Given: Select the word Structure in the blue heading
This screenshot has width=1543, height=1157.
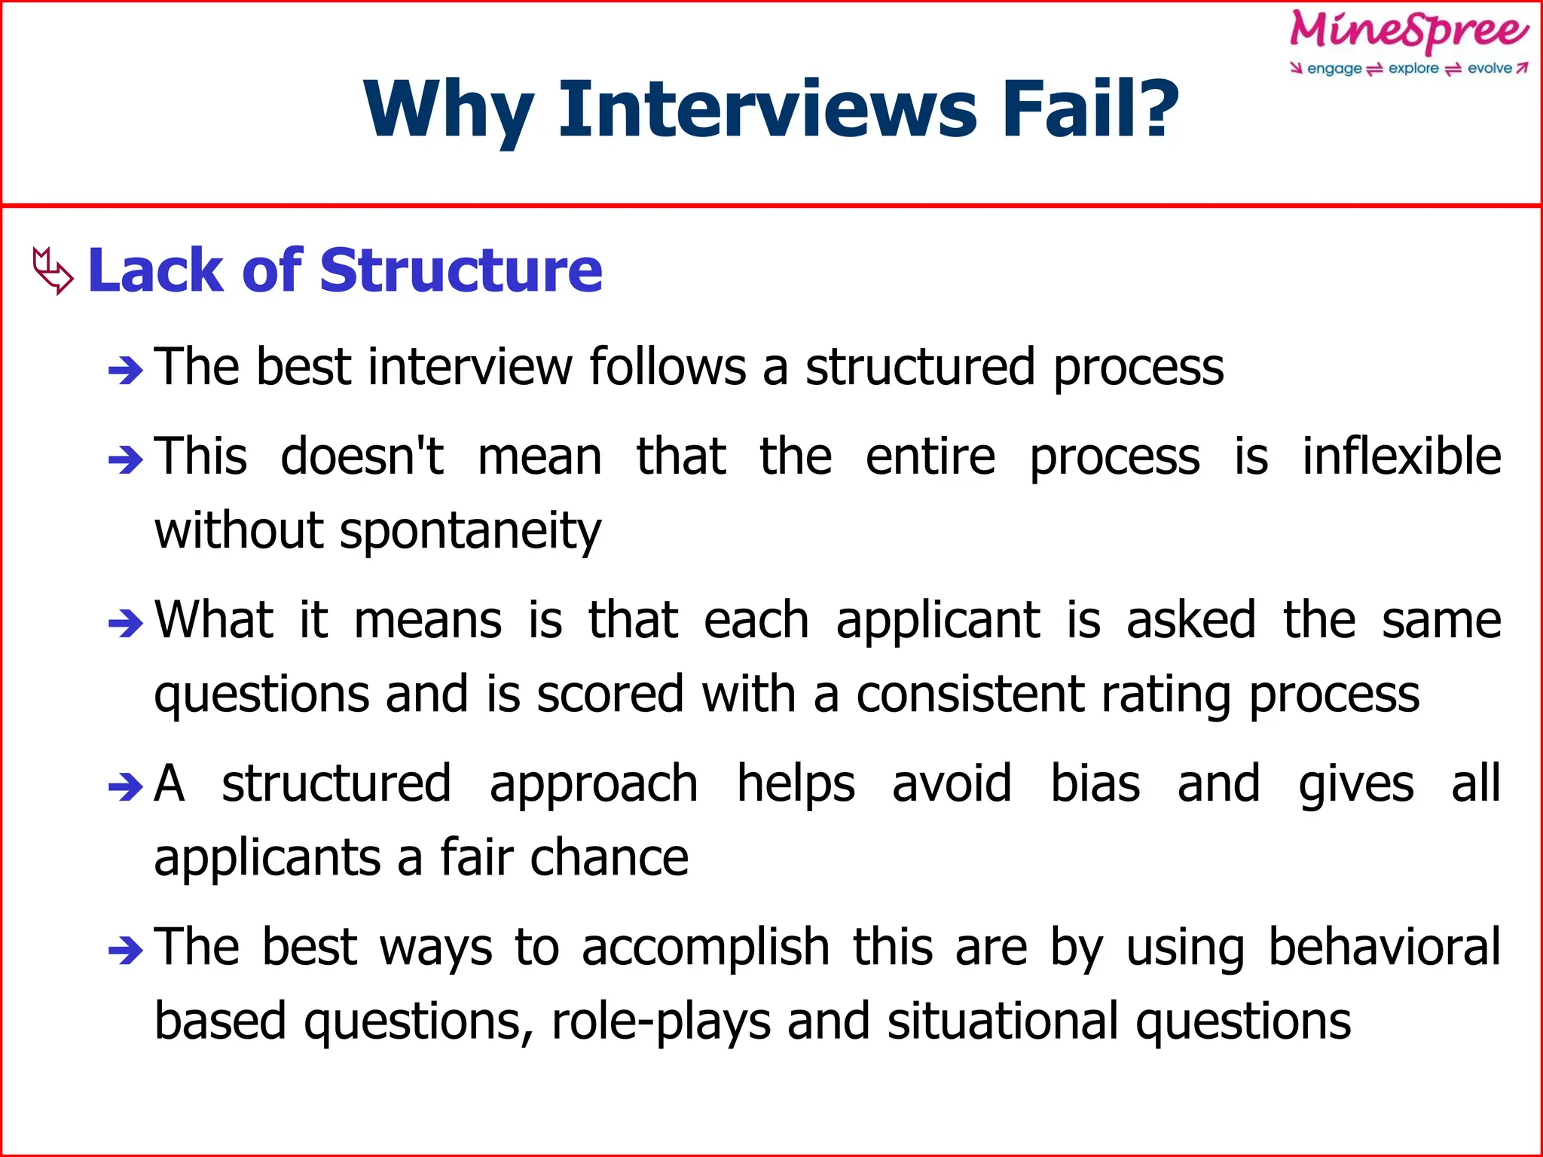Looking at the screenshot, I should pyautogui.click(x=461, y=270).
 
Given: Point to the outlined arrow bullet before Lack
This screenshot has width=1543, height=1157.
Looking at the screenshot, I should pyautogui.click(x=53, y=270).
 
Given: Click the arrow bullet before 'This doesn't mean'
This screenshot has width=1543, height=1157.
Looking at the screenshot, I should pyautogui.click(x=125, y=459).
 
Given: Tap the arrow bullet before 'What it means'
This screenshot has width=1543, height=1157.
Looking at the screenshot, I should pyautogui.click(x=125, y=622).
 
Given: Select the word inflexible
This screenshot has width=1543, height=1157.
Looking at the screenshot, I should pyautogui.click(x=1401, y=457).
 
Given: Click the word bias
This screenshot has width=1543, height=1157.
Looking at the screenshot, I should pyautogui.click(x=1095, y=784).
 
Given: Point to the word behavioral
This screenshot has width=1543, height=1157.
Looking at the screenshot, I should pyautogui.click(x=1384, y=948).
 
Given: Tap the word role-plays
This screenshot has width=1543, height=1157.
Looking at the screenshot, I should pyautogui.click(x=661, y=1023).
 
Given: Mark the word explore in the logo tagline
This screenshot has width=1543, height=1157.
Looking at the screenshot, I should pyautogui.click(x=1413, y=69).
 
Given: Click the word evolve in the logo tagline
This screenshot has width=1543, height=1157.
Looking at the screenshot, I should pyautogui.click(x=1489, y=69).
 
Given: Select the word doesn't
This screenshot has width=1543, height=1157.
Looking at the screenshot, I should pyautogui.click(x=362, y=457).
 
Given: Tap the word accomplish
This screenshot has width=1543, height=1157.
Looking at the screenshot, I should pyautogui.click(x=705, y=948).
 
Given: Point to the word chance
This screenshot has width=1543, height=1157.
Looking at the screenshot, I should pyautogui.click(x=609, y=859).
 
